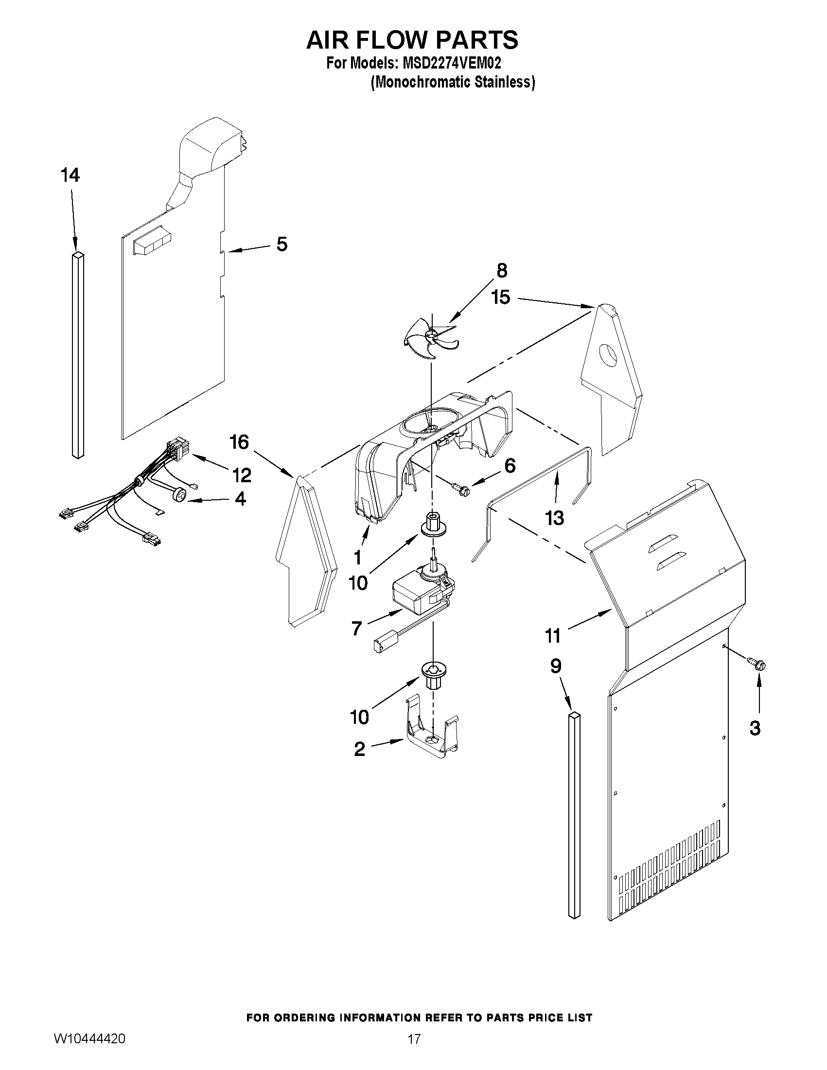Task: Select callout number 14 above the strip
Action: [70, 175]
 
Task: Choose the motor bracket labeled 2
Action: [431, 735]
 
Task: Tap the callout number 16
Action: [239, 442]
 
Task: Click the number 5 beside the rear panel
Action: [282, 244]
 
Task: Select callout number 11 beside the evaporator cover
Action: [553, 636]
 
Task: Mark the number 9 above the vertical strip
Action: [556, 666]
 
